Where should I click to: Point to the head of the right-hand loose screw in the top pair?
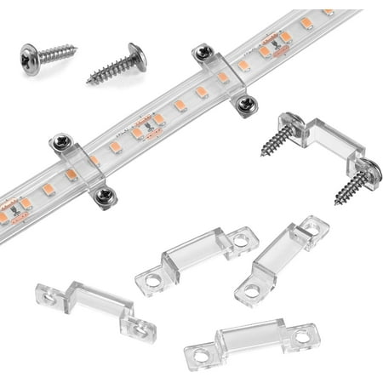(x=136, y=56)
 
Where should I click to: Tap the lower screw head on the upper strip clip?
(x=245, y=105)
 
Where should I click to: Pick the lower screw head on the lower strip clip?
(x=104, y=196)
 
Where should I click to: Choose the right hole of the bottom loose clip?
(x=302, y=337)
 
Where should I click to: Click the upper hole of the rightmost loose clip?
(x=316, y=226)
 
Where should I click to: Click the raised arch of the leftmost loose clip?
(x=94, y=302)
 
